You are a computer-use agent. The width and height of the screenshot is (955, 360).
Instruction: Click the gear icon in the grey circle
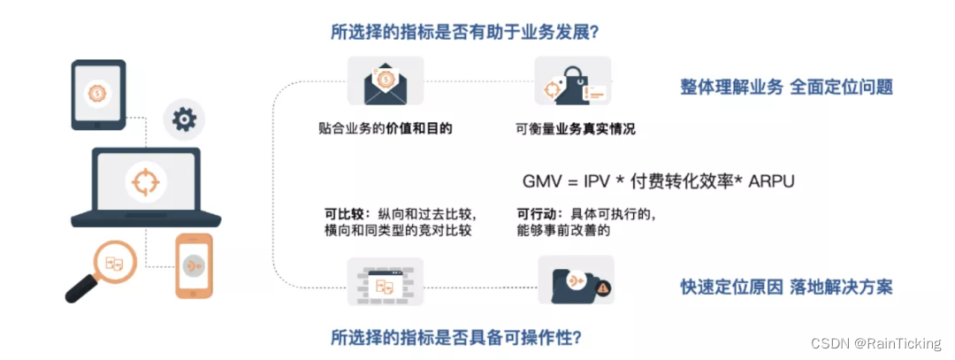point(183,119)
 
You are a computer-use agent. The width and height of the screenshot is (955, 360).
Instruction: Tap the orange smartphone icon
point(195,264)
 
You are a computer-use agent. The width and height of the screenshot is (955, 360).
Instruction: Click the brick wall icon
point(385,282)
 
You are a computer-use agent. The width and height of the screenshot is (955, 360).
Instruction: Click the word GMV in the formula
point(541,181)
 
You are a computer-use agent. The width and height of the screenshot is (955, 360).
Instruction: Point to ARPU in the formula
point(771,181)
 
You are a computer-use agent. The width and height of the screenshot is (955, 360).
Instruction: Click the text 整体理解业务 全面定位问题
point(786,87)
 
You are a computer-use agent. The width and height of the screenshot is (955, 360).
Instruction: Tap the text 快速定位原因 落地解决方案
point(786,287)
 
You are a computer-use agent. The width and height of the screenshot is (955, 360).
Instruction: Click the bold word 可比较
point(342,213)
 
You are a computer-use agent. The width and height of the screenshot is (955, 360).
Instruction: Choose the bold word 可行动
point(535,213)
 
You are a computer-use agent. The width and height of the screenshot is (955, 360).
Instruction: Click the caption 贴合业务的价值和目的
point(385,128)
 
